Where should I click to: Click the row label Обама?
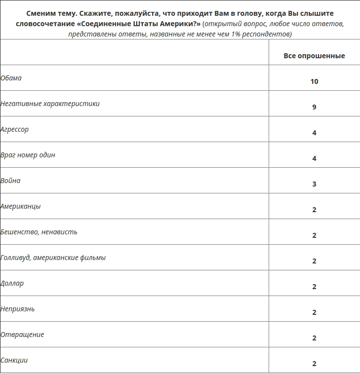coord(11,78)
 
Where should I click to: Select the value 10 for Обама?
coord(314,81)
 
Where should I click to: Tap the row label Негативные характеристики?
coord(50,104)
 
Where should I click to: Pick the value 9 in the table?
coord(314,107)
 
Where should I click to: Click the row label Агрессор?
coord(15,129)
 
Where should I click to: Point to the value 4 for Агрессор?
coord(314,133)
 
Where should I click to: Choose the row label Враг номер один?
coord(28,155)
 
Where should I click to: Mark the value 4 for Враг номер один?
coord(314,158)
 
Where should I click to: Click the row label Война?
coord(11,181)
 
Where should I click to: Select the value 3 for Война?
coord(314,184)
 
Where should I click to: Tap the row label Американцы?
coord(21,206)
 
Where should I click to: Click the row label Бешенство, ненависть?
coord(39,232)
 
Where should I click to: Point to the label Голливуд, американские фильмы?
coord(53,258)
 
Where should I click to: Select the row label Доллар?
coord(12,283)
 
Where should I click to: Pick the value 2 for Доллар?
coord(314,287)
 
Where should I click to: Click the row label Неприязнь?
coord(18,309)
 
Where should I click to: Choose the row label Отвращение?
coord(22,335)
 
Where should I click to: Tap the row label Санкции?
coord(14,360)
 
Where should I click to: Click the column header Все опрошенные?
coord(314,56)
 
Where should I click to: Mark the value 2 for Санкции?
coord(314,364)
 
